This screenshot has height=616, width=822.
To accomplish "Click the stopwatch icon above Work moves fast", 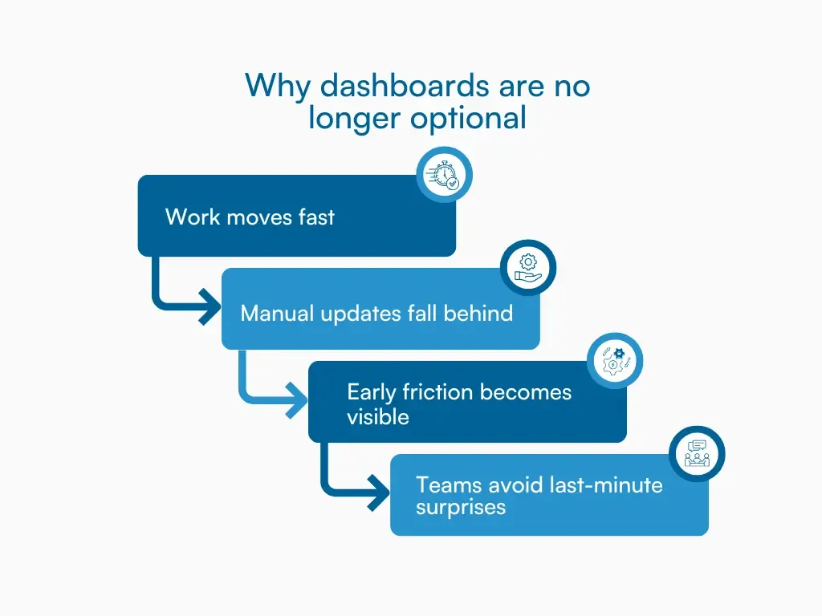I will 444,175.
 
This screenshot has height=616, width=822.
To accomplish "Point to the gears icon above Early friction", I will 615,361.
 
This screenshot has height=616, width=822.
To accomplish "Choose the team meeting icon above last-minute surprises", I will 697,454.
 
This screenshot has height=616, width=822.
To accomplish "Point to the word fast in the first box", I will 316,217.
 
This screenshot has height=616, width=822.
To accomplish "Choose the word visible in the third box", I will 377,417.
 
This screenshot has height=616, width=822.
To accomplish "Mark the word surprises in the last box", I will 460,509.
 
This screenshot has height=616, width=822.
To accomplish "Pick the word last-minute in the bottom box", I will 606,485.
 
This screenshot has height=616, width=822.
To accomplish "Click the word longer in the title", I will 355,119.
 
